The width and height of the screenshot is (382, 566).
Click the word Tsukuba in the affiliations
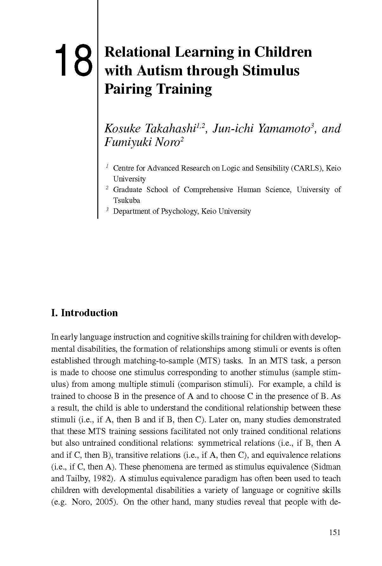tap(126, 200)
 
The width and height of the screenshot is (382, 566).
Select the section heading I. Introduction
tap(84, 313)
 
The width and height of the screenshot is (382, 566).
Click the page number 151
tap(334, 532)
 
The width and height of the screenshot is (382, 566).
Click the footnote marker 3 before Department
tap(107, 210)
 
